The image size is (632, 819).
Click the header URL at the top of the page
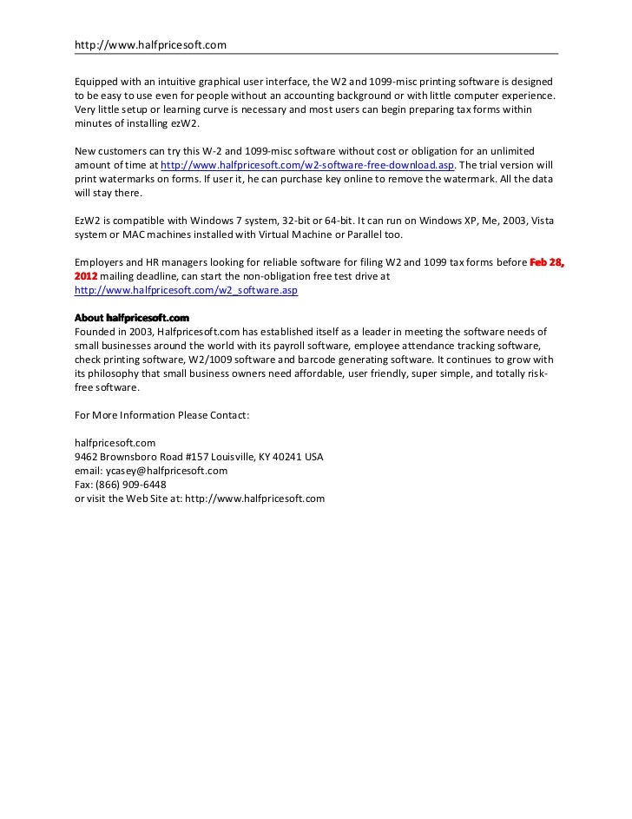(x=150, y=44)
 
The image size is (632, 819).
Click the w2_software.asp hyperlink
(x=187, y=290)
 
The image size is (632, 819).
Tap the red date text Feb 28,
(x=547, y=263)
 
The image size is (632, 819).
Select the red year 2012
(x=86, y=277)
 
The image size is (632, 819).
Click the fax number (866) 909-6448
(x=131, y=484)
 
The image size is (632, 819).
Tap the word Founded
(x=96, y=331)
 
